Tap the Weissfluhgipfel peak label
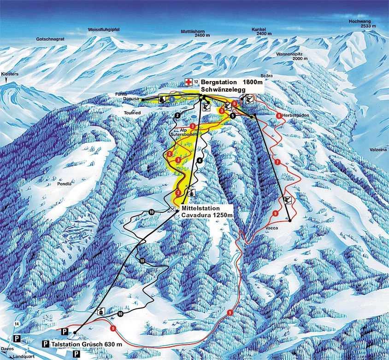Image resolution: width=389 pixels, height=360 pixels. point(104,30)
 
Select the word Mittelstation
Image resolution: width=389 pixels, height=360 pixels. point(200,209)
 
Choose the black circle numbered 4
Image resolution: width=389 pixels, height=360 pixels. point(199,160)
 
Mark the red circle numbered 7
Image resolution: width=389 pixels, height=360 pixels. point(277,163)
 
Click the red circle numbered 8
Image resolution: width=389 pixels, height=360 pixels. point(279,116)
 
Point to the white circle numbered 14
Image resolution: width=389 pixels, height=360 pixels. point(18,325)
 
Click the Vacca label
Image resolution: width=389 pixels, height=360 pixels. point(271,227)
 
